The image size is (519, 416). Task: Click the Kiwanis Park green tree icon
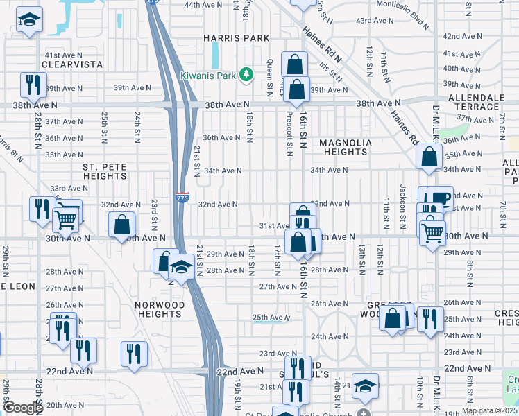point(244,73)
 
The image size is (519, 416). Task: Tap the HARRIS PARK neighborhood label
point(226,37)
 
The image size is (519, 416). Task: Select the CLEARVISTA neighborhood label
point(72,64)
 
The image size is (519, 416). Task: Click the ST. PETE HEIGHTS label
point(104,172)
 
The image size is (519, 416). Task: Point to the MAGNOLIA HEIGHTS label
point(346,148)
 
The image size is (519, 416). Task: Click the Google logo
point(22,408)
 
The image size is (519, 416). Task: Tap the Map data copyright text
point(488,410)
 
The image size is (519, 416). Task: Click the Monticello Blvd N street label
point(409,15)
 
